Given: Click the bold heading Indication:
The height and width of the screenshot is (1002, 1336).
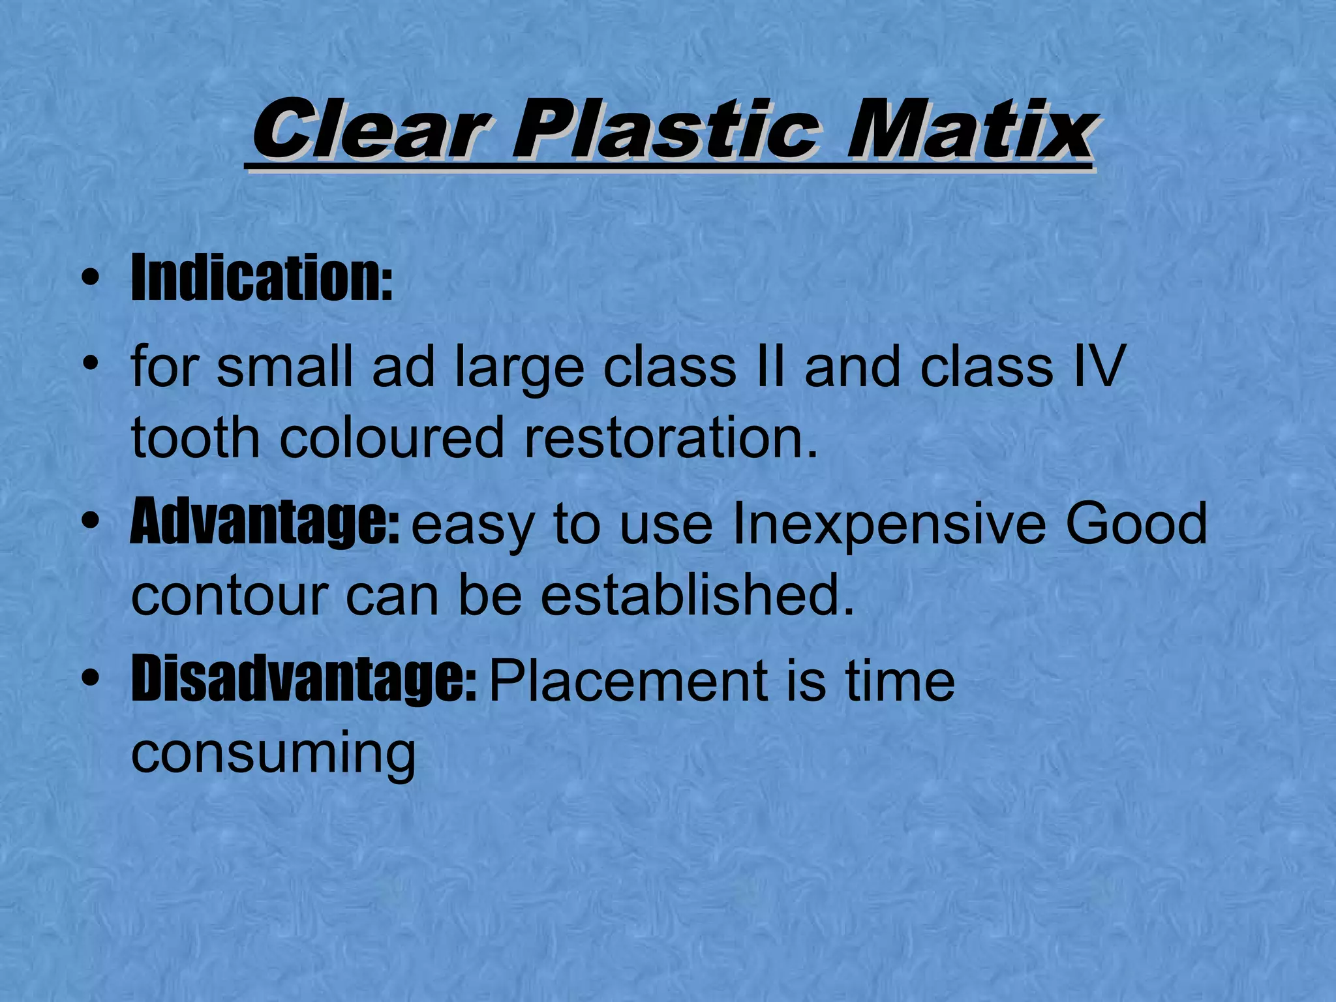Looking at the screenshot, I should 262,279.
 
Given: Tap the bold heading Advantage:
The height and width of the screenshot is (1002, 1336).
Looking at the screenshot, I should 264,523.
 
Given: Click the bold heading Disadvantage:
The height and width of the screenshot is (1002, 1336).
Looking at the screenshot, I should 304,680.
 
